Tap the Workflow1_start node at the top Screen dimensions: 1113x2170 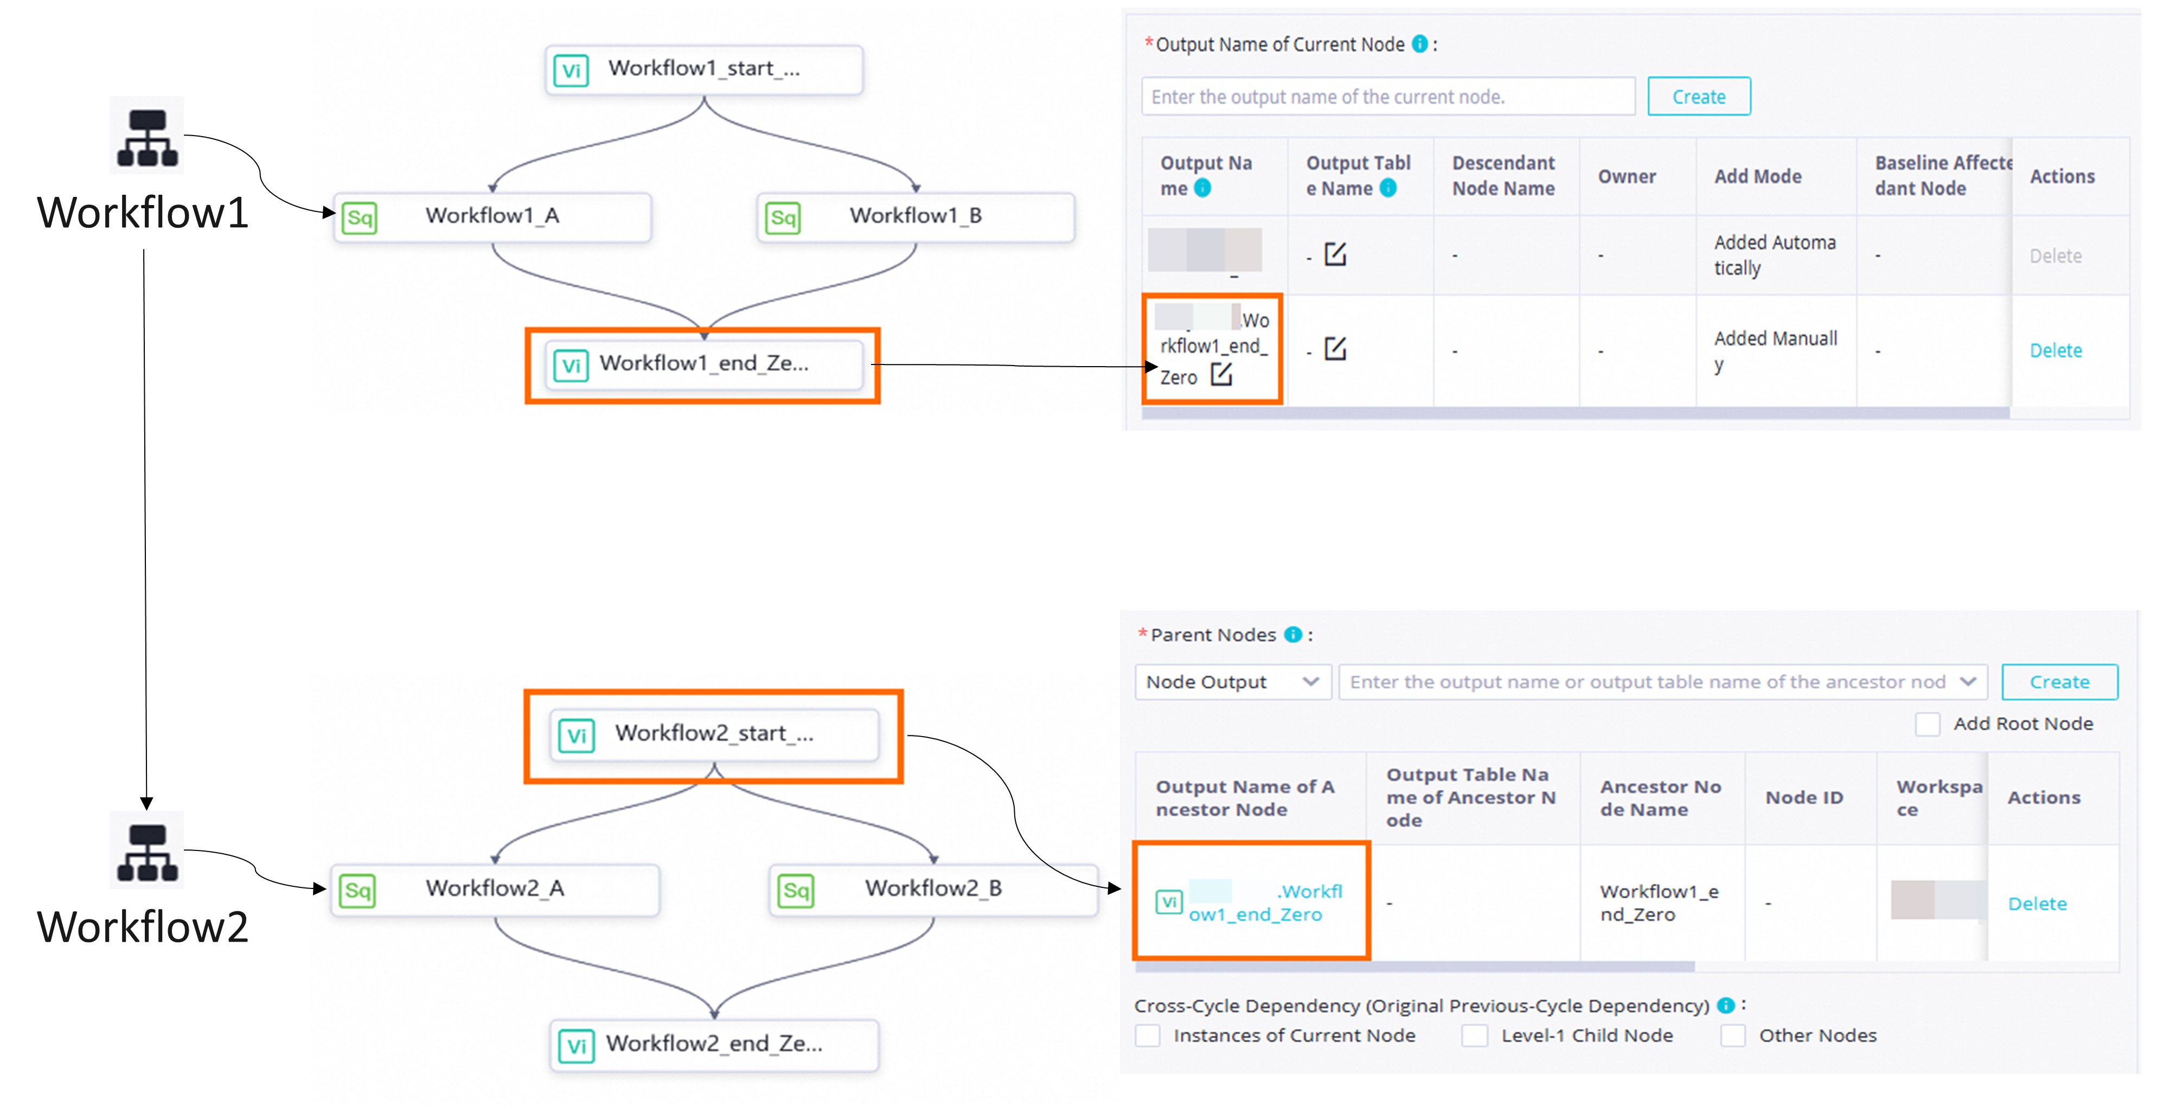pyautogui.click(x=704, y=69)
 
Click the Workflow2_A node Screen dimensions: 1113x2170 pyautogui.click(x=495, y=889)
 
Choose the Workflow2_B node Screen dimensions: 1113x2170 pyautogui.click(x=933, y=889)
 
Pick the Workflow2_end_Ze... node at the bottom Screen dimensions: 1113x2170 pyautogui.click(x=714, y=1044)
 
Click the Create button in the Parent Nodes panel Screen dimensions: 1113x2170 pyautogui.click(x=2059, y=682)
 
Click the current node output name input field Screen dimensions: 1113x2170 pyautogui.click(x=1387, y=97)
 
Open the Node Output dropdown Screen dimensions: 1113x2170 pyautogui.click(x=1232, y=682)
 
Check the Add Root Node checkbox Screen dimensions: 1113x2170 pyautogui.click(x=1928, y=724)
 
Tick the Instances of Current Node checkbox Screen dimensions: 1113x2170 pyautogui.click(x=1147, y=1035)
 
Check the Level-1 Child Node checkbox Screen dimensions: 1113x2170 pyautogui.click(x=1474, y=1035)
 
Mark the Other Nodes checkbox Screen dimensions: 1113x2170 pyautogui.click(x=1733, y=1035)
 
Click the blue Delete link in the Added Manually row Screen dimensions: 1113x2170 pyautogui.click(x=2056, y=350)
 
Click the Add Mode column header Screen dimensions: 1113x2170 pyautogui.click(x=1758, y=176)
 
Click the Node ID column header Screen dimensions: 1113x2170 pyautogui.click(x=1803, y=797)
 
